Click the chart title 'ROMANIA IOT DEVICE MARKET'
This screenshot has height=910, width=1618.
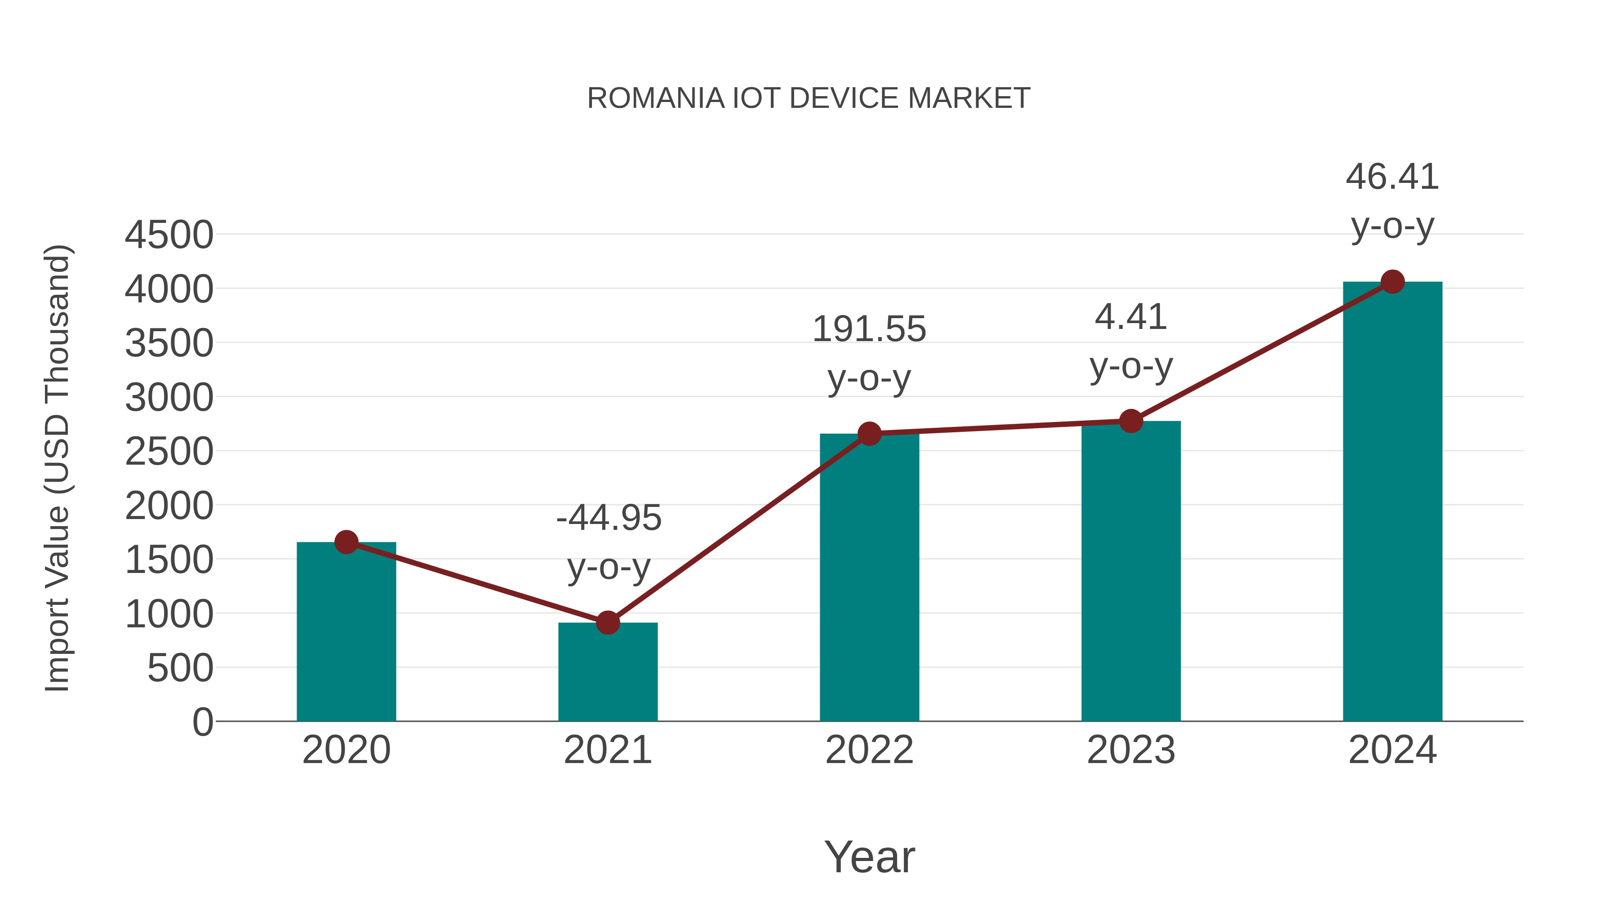809,98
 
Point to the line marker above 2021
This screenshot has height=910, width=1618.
607,623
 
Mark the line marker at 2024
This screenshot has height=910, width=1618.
1392,282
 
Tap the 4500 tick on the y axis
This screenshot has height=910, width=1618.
169,235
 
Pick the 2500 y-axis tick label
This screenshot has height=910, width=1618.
169,452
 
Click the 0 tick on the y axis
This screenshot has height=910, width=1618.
203,722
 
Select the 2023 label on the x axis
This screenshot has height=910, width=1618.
1131,750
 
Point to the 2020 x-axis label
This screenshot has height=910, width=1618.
346,750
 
